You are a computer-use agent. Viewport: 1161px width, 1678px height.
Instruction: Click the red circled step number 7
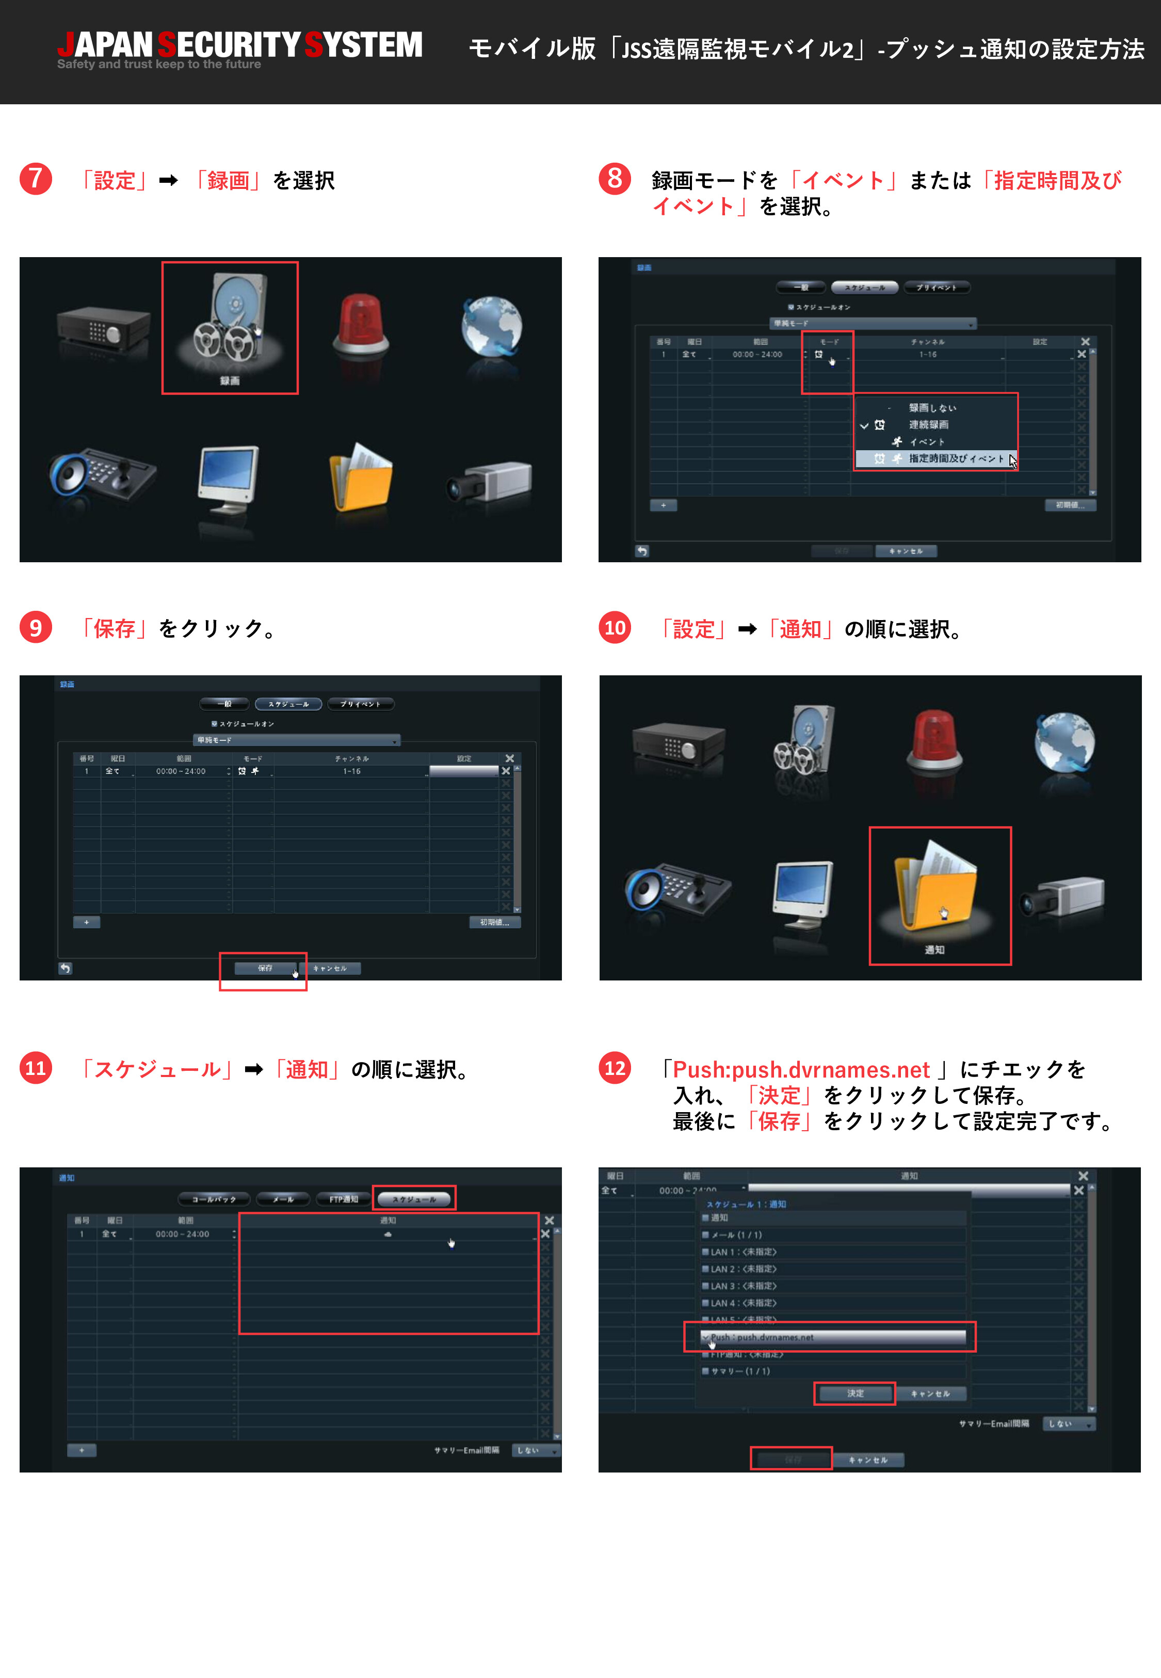coord(36,179)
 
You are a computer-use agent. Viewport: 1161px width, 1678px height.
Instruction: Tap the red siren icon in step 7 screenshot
coord(361,325)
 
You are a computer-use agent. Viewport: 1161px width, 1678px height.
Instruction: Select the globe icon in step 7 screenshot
coord(491,325)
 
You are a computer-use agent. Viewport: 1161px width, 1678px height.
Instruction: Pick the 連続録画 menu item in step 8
coord(928,425)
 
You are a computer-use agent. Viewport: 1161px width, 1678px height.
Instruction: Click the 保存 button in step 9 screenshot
coord(265,968)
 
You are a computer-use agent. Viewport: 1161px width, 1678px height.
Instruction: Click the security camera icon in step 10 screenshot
coord(1063,896)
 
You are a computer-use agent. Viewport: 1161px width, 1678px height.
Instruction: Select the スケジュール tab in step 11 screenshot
coord(414,1198)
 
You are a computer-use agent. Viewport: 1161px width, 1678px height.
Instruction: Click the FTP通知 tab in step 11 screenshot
coord(343,1198)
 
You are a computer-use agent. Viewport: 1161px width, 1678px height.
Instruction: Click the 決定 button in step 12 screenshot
coord(854,1393)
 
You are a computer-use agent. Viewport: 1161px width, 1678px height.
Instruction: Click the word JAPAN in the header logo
coord(105,44)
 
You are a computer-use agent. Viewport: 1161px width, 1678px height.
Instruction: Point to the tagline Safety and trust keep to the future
coord(158,65)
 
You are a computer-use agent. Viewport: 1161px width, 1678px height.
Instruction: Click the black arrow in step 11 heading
coord(253,1069)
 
